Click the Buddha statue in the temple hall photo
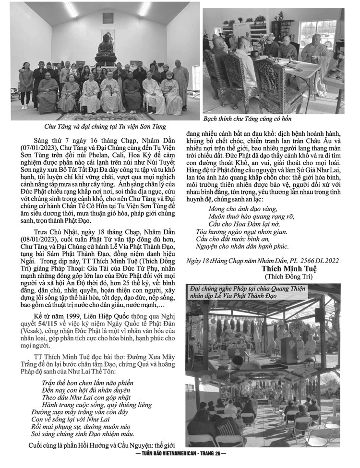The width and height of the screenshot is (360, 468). click(x=105, y=48)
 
